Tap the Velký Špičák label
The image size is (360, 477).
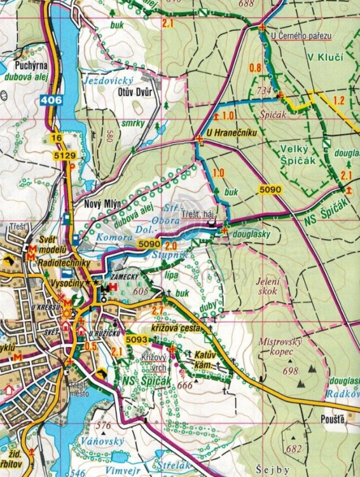(299, 153)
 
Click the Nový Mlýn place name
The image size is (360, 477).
(102, 204)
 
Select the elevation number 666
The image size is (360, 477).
(185, 385)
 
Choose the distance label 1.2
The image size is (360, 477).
(339, 100)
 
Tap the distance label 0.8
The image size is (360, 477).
(256, 67)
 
